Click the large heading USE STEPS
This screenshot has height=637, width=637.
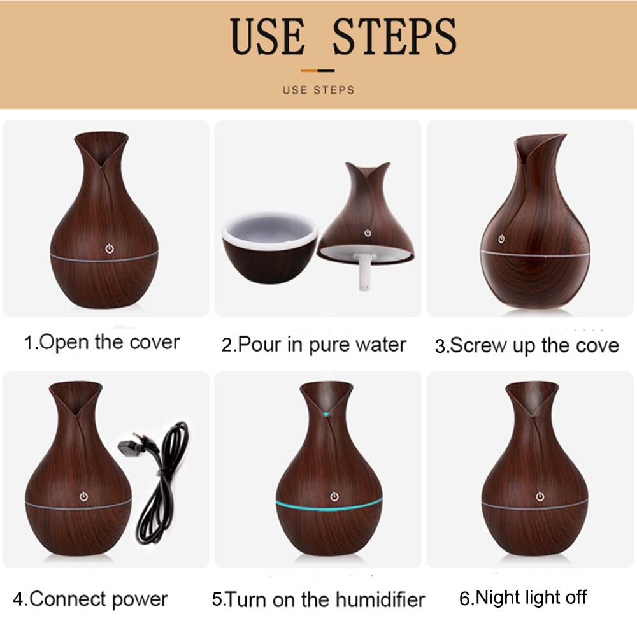[x=343, y=37]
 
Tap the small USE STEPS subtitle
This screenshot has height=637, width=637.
[x=318, y=90]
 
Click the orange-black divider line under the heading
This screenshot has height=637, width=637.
[x=318, y=70]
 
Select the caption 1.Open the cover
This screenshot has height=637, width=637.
[x=102, y=342]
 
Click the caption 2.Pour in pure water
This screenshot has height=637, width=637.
[x=313, y=345]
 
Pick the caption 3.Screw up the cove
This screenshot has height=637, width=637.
[x=527, y=346]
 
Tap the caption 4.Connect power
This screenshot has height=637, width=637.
[x=90, y=599]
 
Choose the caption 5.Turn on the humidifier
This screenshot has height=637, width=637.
[x=318, y=599]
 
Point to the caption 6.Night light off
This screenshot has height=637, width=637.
[x=522, y=598]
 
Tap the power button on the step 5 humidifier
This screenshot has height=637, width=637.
[x=333, y=496]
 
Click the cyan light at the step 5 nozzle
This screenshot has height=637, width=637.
[x=327, y=414]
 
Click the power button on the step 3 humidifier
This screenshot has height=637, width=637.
[x=501, y=239]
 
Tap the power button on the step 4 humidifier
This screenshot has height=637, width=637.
[x=83, y=495]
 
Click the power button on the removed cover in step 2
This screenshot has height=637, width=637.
[x=367, y=233]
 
